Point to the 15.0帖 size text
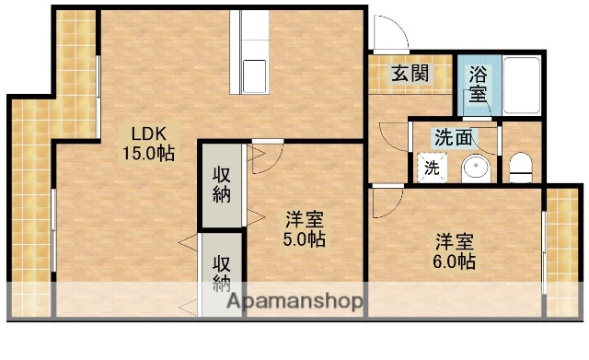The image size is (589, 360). (x=149, y=153)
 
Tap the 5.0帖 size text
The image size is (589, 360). (x=303, y=239)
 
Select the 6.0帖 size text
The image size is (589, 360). (x=456, y=262)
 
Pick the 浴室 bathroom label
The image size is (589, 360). (x=478, y=82)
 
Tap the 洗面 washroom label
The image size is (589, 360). (x=454, y=139)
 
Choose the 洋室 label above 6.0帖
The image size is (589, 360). (x=456, y=242)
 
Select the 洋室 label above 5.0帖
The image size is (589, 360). (x=303, y=219)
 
